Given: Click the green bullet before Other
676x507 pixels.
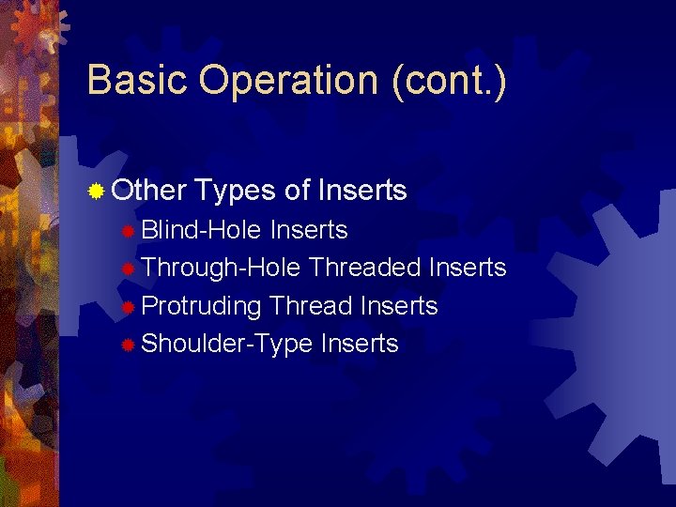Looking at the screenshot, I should point(95,192).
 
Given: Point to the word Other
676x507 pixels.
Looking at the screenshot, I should point(148,192).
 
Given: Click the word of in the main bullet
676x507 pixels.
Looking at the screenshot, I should point(297,192).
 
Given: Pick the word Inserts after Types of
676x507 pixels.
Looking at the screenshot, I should point(362,192).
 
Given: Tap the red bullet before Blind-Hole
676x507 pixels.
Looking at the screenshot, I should point(129,231).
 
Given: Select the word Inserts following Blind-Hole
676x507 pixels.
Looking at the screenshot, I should point(309,230).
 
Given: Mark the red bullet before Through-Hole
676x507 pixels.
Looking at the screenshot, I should point(129,269).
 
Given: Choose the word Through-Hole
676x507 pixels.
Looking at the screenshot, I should point(221,269).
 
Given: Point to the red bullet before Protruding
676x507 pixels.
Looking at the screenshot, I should point(129,307).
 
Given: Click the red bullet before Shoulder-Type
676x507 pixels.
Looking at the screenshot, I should point(129,346).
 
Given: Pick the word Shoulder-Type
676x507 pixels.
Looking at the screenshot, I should point(226,345).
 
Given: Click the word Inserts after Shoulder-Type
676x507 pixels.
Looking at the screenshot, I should point(360,344).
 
